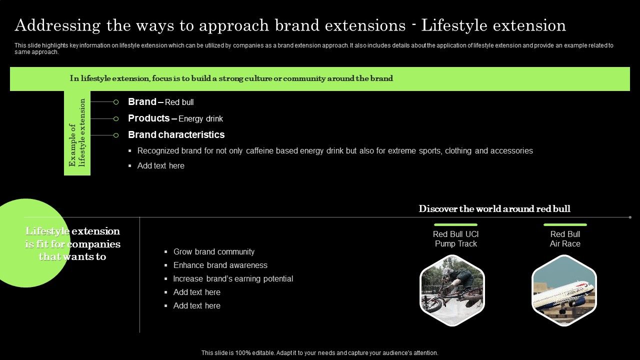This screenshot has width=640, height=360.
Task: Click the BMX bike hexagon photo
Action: click(452, 290)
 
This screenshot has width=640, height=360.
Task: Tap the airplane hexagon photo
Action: click(564, 290)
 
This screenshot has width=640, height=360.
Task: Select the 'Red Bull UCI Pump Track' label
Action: click(455, 239)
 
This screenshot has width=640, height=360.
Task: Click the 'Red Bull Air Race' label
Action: click(565, 239)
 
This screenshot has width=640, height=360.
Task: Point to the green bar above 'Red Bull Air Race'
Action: click(565, 225)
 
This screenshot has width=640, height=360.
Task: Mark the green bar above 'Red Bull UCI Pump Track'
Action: click(455, 225)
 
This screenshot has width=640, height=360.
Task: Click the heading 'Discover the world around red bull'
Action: click(494, 209)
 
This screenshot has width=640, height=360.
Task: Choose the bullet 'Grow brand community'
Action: click(214, 252)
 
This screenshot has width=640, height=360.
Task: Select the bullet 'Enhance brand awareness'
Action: click(220, 265)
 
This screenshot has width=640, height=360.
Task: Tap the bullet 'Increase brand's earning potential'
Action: click(233, 279)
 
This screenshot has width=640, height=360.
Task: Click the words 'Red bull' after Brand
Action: click(179, 102)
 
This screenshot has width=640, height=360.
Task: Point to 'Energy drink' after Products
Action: click(200, 119)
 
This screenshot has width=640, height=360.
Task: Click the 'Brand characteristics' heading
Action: click(176, 135)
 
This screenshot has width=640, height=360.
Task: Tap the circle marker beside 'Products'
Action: click(116, 118)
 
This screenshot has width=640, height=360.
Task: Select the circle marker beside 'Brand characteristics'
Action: click(116, 135)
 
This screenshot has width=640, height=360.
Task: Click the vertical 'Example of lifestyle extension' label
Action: click(77, 133)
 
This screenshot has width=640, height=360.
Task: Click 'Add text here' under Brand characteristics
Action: click(160, 166)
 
